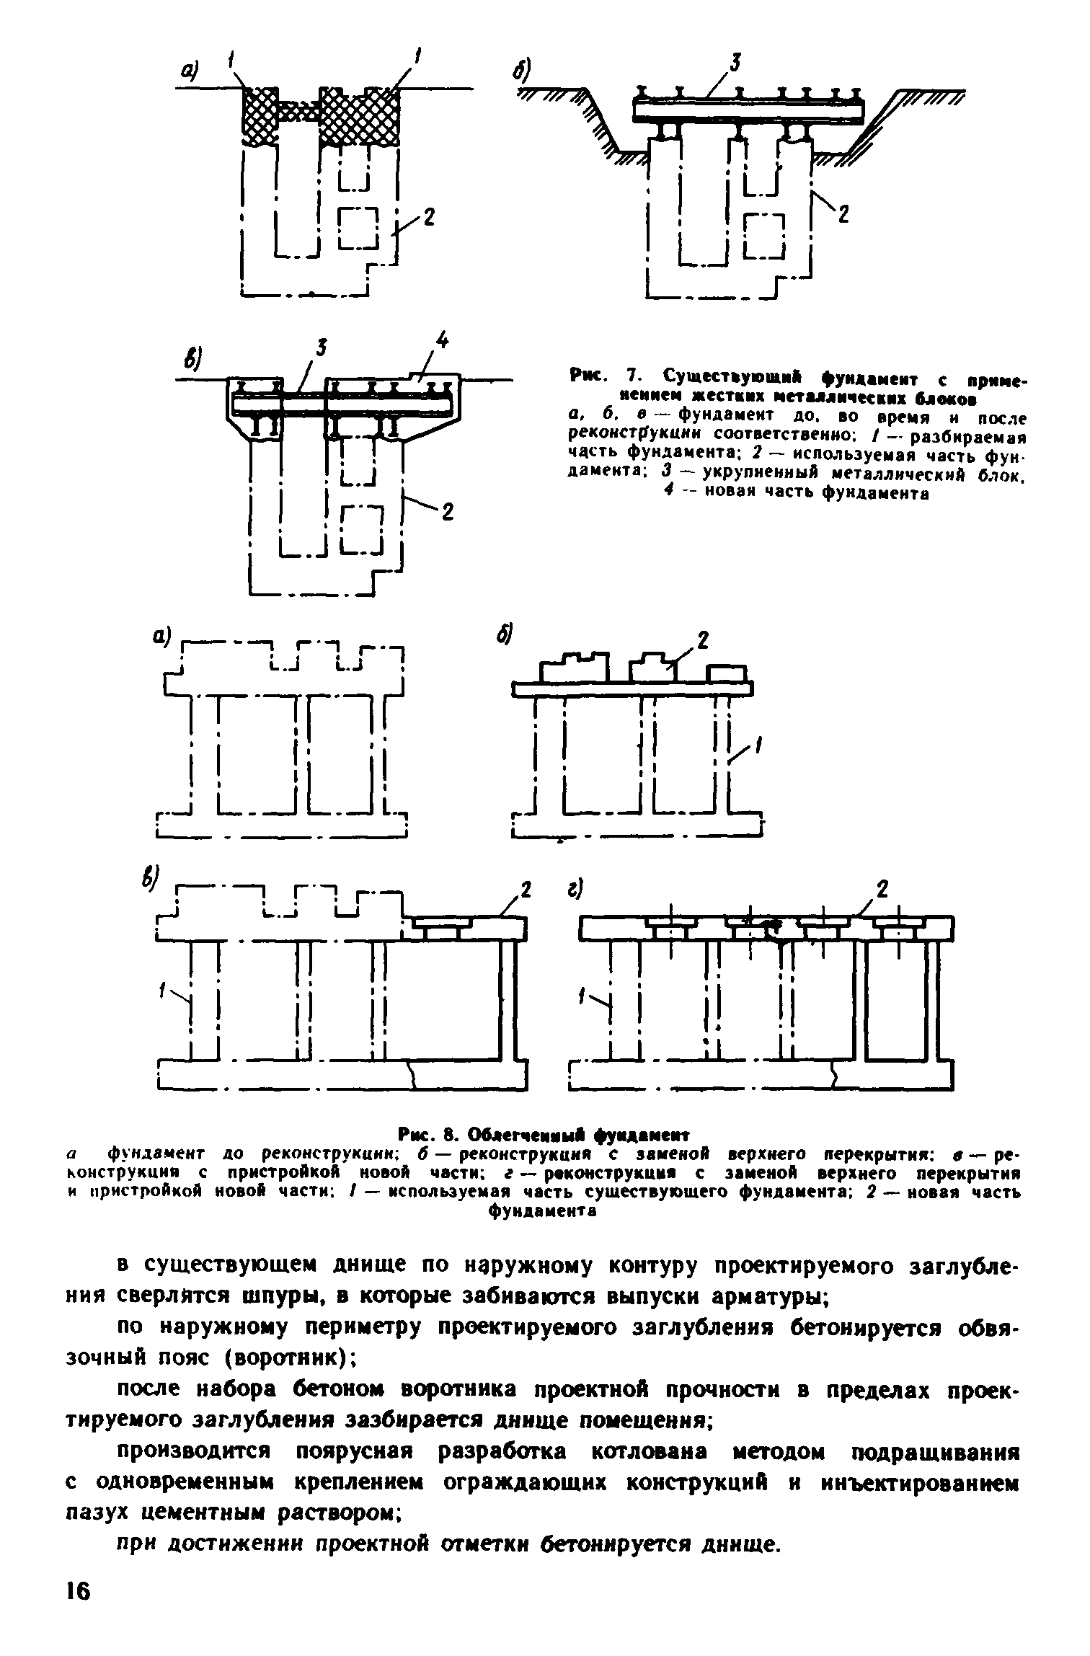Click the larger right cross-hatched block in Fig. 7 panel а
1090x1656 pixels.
tap(360, 116)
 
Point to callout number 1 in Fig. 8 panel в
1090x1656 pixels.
tap(162, 993)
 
